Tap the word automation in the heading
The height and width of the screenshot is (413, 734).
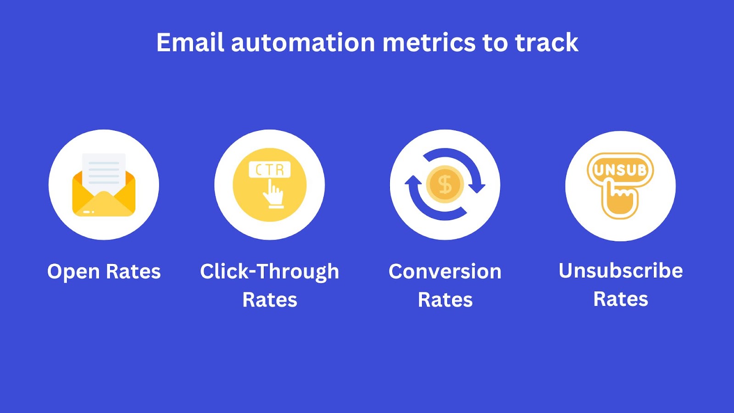tap(303, 42)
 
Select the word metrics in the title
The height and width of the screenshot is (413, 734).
tap(429, 42)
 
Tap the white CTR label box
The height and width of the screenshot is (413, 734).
tap(270, 169)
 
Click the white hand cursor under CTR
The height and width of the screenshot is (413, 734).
tap(273, 193)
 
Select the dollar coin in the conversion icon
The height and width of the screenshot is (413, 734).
tap(445, 184)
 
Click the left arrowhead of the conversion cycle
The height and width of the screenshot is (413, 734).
tap(413, 182)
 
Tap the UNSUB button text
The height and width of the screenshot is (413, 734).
tap(620, 170)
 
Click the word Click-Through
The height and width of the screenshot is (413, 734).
tap(269, 272)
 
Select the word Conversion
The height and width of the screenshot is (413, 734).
tap(445, 271)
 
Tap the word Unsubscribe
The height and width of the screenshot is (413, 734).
tap(621, 271)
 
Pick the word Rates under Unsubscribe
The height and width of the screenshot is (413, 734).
tap(621, 299)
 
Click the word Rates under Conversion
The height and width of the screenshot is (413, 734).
tap(445, 300)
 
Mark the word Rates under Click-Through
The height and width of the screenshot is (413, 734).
tap(270, 300)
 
